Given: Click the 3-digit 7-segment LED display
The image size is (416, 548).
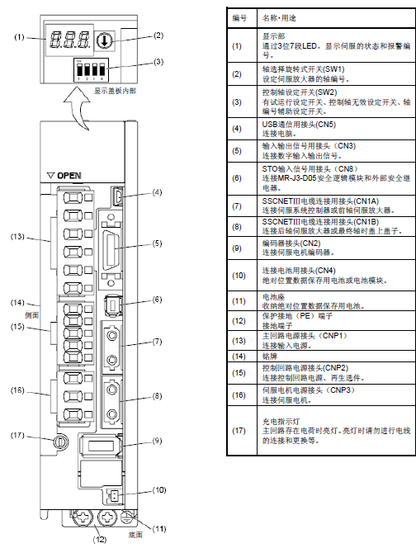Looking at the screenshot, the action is (x=69, y=40).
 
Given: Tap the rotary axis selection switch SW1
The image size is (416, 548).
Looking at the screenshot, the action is (x=104, y=41).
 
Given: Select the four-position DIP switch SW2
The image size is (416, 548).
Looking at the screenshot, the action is (x=91, y=70).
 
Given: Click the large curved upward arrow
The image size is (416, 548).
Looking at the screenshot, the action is (x=78, y=107).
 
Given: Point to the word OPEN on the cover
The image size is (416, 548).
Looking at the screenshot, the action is (x=69, y=176).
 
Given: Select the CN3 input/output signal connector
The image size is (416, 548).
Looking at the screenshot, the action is (x=111, y=249).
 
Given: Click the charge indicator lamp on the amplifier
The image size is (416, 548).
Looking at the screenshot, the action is (x=59, y=442).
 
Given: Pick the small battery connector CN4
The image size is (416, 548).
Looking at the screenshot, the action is (x=113, y=495).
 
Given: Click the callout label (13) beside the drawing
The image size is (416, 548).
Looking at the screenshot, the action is (x=17, y=237).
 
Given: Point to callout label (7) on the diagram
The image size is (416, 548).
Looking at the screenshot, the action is (x=158, y=341).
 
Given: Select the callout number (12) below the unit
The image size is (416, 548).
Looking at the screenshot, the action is (x=99, y=539).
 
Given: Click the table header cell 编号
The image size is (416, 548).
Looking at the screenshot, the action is (x=240, y=18).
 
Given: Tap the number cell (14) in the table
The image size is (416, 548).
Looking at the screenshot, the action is (x=239, y=357).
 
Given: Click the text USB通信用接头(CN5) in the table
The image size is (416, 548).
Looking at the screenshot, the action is (x=299, y=124).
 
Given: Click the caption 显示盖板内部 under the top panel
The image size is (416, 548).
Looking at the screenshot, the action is (x=115, y=91).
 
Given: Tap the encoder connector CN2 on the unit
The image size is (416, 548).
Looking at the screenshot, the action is (x=101, y=446).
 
